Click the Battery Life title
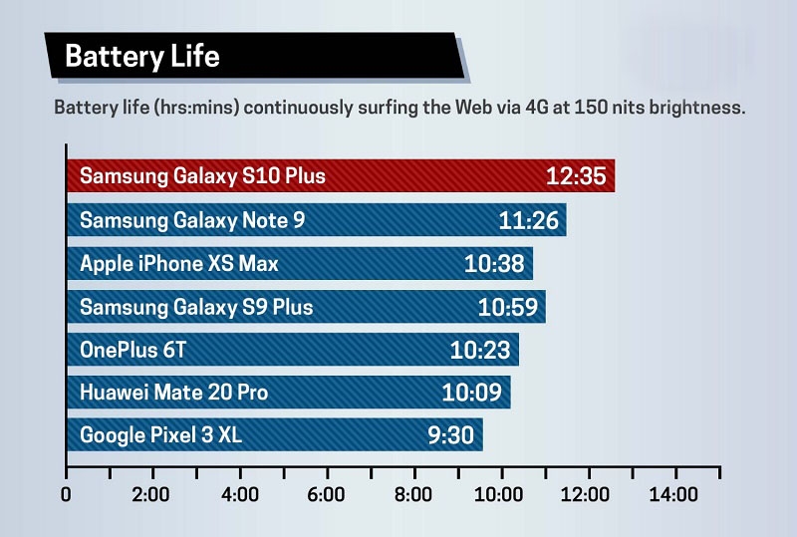[141, 56]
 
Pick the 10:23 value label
[479, 350]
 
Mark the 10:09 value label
[471, 393]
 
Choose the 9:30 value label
[450, 435]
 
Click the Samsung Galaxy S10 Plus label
[202, 177]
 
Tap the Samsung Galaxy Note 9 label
[192, 220]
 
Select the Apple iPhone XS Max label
[179, 264]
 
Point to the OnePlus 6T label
[133, 350]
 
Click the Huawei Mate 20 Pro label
[173, 393]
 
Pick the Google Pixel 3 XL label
[161, 435]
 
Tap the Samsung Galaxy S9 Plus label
[196, 307]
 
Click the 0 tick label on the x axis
[66, 495]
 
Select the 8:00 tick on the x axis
[413, 495]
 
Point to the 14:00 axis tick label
[674, 495]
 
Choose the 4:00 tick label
[240, 495]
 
